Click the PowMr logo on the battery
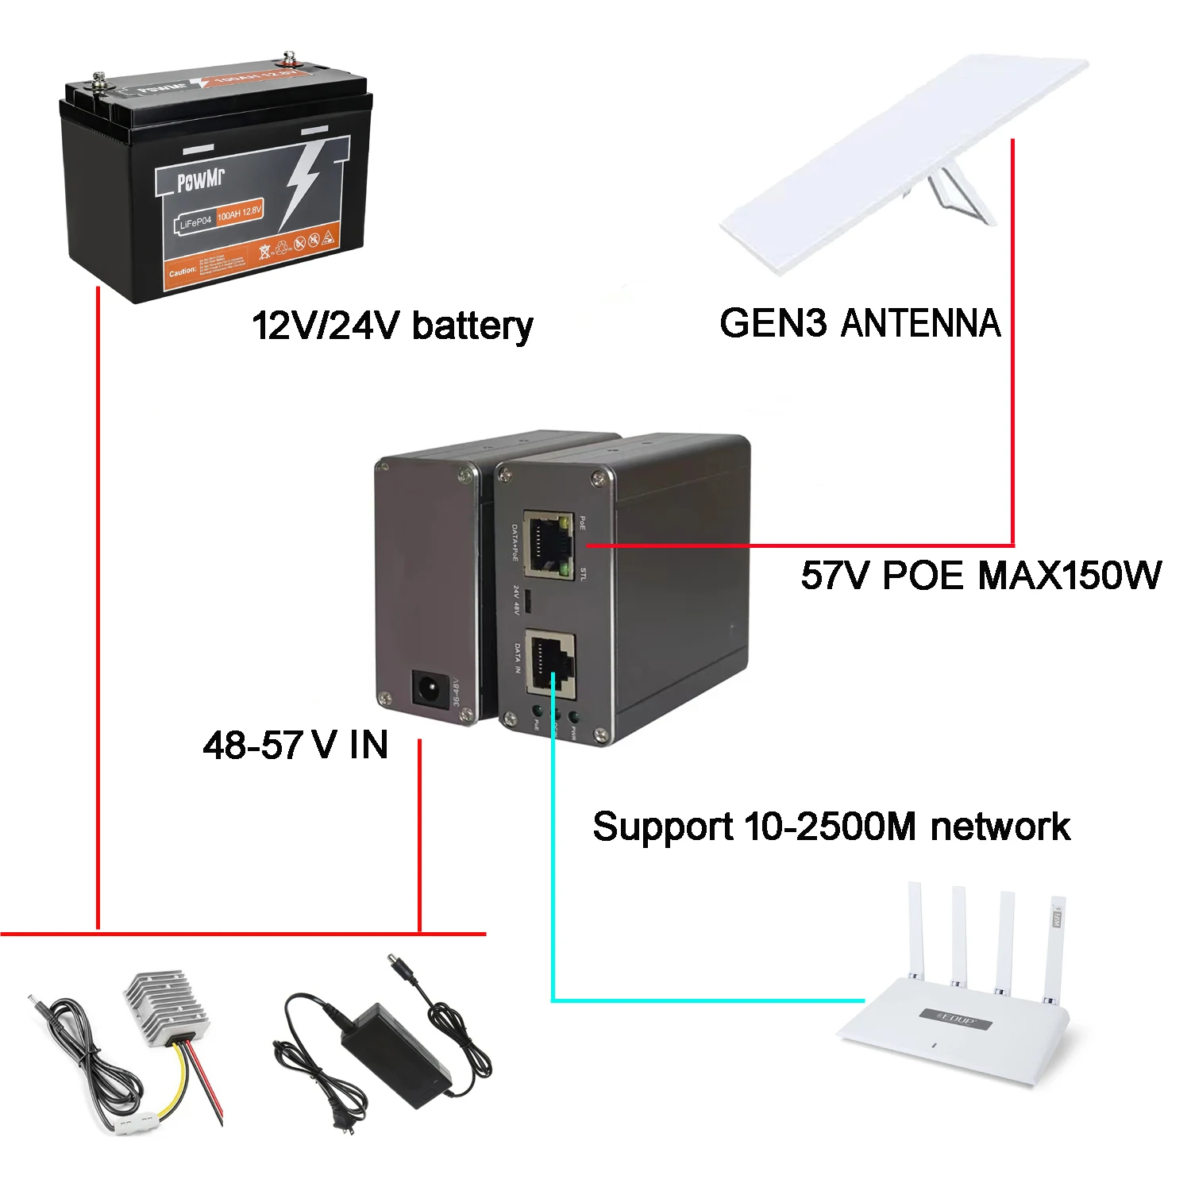coord(200,180)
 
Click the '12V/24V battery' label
coord(392,326)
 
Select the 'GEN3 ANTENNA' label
coord(859,323)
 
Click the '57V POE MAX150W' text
coord(981,576)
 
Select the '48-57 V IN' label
coord(295,745)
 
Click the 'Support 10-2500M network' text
coord(831,827)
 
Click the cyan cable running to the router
coord(553,873)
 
